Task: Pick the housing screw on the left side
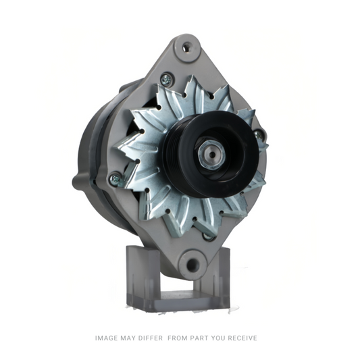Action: pyautogui.click(x=115, y=178)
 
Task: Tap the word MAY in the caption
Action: pyautogui.click(x=132, y=338)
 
